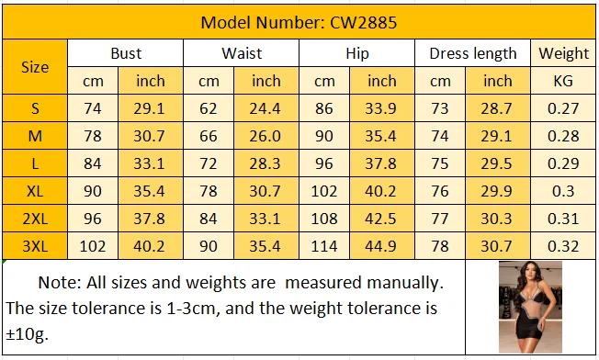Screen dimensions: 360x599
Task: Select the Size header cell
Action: [35, 67]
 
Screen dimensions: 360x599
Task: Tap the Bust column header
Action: [126, 53]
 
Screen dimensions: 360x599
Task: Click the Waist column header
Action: [242, 53]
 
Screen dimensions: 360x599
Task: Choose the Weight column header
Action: [563, 53]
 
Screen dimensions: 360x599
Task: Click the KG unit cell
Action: [563, 81]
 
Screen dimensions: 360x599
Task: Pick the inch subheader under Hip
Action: [382, 81]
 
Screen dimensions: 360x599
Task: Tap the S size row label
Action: [35, 108]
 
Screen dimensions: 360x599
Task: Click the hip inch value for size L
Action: [382, 163]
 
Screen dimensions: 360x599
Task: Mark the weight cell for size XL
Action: [563, 191]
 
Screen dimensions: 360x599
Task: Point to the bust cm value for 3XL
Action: [93, 246]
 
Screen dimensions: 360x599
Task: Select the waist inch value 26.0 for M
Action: [266, 136]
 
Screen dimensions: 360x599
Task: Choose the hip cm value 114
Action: [324, 246]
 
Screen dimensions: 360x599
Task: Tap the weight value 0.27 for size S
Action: [563, 108]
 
